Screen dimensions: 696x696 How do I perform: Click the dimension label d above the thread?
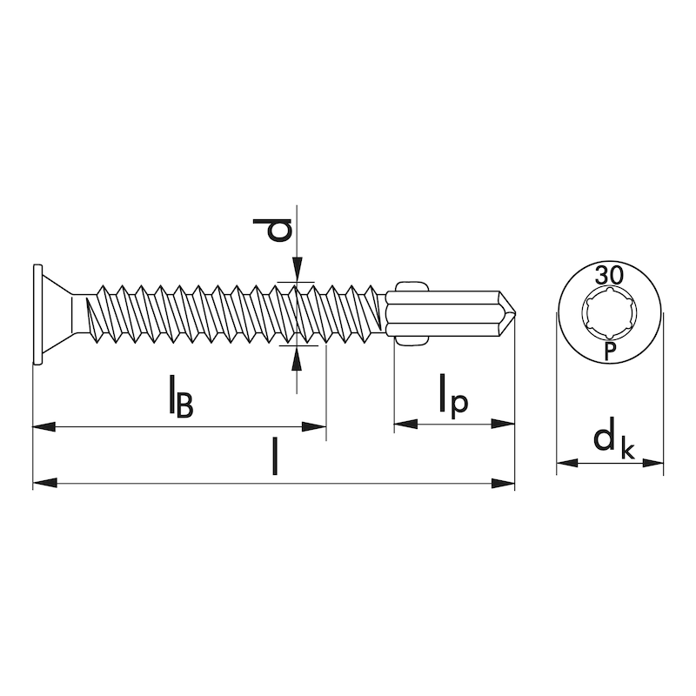(272, 230)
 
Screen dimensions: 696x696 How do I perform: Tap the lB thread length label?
(182, 397)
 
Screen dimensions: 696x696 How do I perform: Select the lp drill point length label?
(453, 397)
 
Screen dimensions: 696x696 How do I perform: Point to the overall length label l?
(275, 456)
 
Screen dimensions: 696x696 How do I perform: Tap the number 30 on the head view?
(609, 276)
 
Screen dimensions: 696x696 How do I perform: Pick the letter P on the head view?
(610, 351)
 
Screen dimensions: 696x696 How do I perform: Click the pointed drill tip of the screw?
(515, 313)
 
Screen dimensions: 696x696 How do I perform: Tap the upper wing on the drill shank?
(412, 286)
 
